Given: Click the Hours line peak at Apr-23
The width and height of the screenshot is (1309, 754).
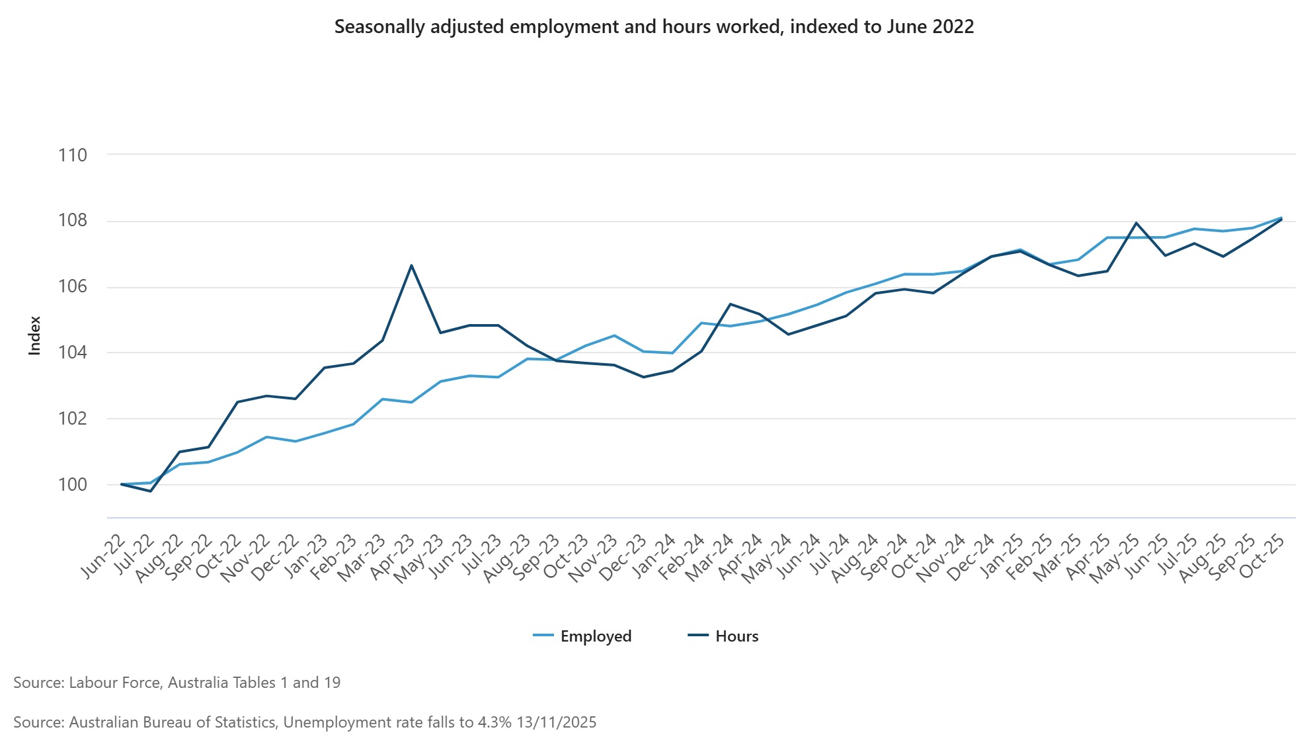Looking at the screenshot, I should pyautogui.click(x=411, y=266).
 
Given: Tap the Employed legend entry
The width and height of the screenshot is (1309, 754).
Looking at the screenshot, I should pyautogui.click(x=596, y=636).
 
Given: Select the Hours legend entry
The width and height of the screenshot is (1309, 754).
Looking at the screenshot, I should pyautogui.click(x=736, y=636).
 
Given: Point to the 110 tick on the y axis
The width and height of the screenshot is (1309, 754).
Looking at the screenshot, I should pyautogui.click(x=73, y=155).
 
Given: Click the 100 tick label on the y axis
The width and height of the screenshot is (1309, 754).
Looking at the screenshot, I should pyautogui.click(x=73, y=485).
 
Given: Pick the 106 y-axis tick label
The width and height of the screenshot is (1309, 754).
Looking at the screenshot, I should pyautogui.click(x=73, y=287).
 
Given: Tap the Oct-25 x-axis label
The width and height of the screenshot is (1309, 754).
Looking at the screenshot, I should pyautogui.click(x=1263, y=558).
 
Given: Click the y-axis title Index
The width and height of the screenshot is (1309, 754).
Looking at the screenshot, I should pyautogui.click(x=34, y=335).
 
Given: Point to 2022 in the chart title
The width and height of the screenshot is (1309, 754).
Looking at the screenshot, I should pyautogui.click(x=953, y=27).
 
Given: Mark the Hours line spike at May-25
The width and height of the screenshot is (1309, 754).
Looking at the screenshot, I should pyautogui.click(x=1136, y=223).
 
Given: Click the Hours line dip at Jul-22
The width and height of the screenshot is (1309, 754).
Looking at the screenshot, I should pyautogui.click(x=151, y=491).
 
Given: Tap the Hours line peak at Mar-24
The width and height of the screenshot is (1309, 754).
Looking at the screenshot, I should pyautogui.click(x=730, y=304).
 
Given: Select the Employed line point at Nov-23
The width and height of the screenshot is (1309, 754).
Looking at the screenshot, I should pyautogui.click(x=614, y=335).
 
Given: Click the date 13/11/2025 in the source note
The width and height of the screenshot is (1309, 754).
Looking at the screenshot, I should pyautogui.click(x=556, y=722).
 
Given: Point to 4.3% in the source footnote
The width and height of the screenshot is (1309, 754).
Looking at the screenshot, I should pyautogui.click(x=493, y=722).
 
